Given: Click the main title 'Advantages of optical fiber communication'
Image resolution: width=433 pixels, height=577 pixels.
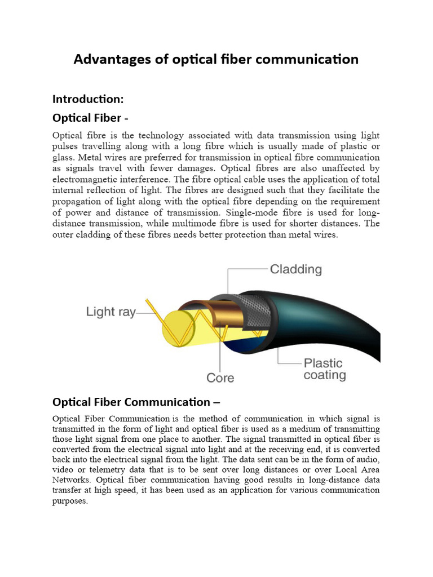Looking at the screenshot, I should [216, 59].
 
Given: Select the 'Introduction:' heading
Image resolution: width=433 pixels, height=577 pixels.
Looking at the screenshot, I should [87, 99].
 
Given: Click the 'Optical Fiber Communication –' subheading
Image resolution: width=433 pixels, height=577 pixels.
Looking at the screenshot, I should [136, 402].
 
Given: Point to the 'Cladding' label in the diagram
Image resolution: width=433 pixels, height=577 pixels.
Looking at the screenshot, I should [295, 269].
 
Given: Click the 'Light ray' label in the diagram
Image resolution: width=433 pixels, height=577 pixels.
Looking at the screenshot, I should [111, 312].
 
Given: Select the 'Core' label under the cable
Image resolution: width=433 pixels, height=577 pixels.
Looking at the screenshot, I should [220, 378].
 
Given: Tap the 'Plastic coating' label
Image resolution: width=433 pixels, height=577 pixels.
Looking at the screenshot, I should [324, 369].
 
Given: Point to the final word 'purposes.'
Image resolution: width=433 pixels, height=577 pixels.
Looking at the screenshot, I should [70, 501].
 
